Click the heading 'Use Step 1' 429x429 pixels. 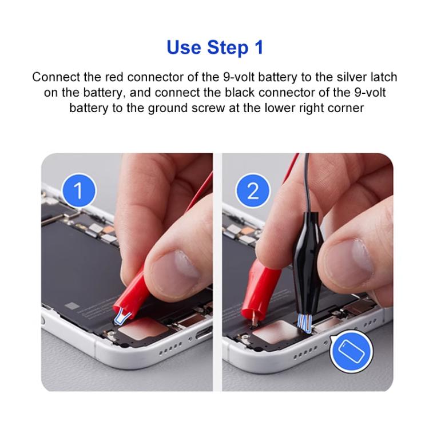point(214,47)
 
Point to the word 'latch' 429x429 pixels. point(382,77)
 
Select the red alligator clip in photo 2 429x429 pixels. point(256,286)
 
